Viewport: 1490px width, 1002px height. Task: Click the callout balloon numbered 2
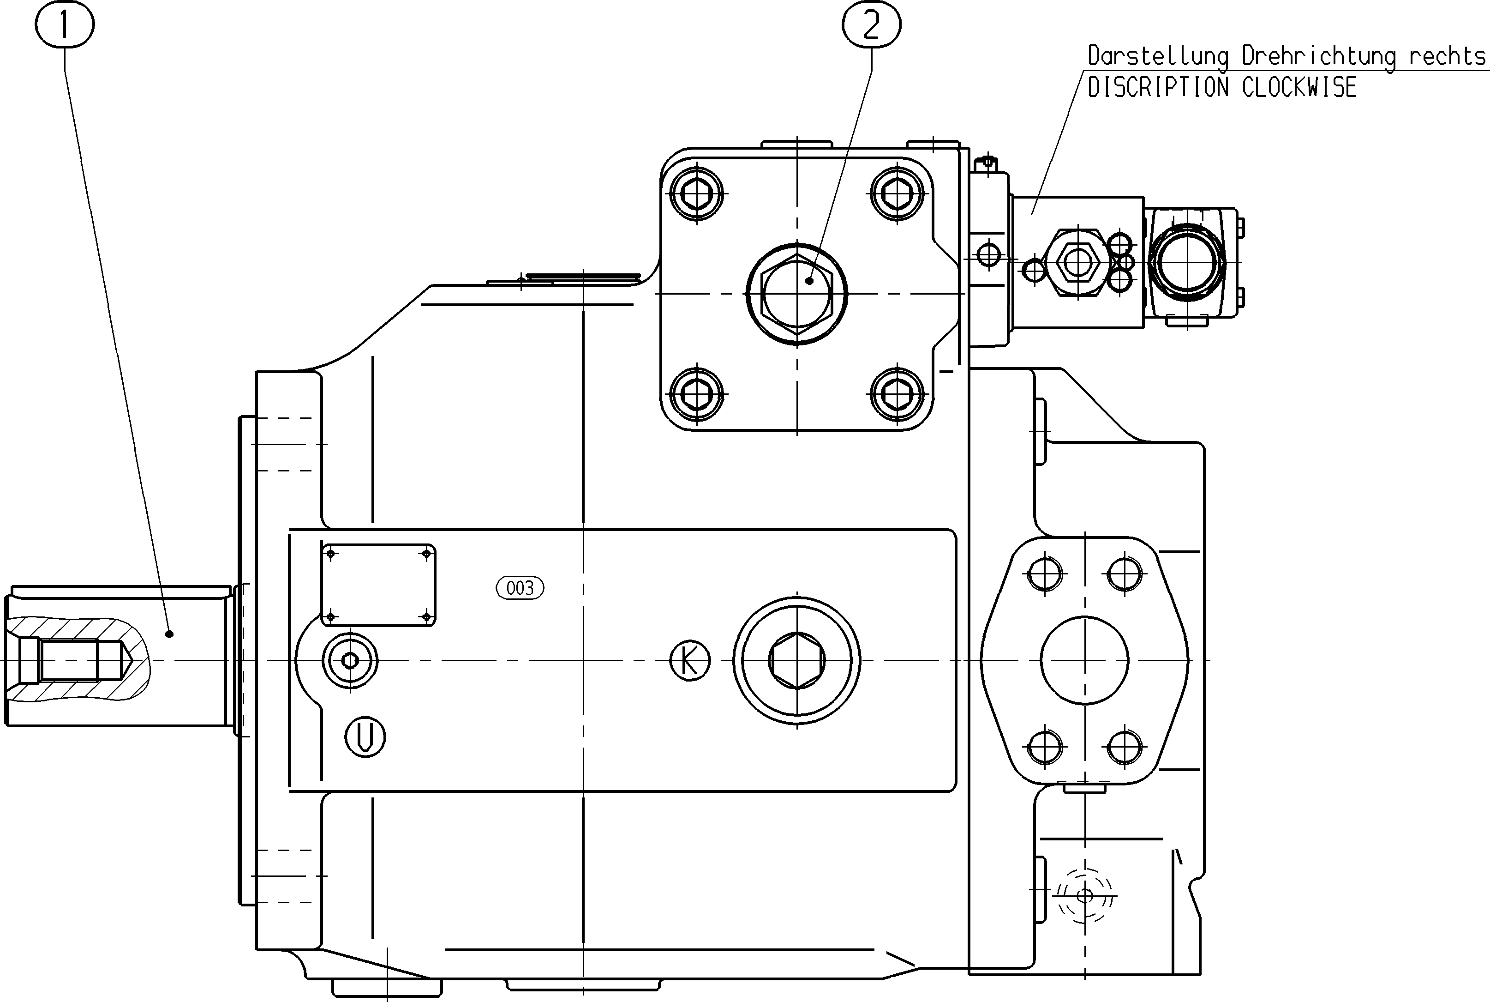coord(872,24)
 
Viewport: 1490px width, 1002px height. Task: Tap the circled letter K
coord(690,660)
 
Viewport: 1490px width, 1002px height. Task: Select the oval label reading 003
coord(520,588)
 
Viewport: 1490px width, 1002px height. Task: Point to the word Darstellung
coord(1158,56)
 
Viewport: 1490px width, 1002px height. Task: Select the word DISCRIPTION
coord(1158,88)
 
